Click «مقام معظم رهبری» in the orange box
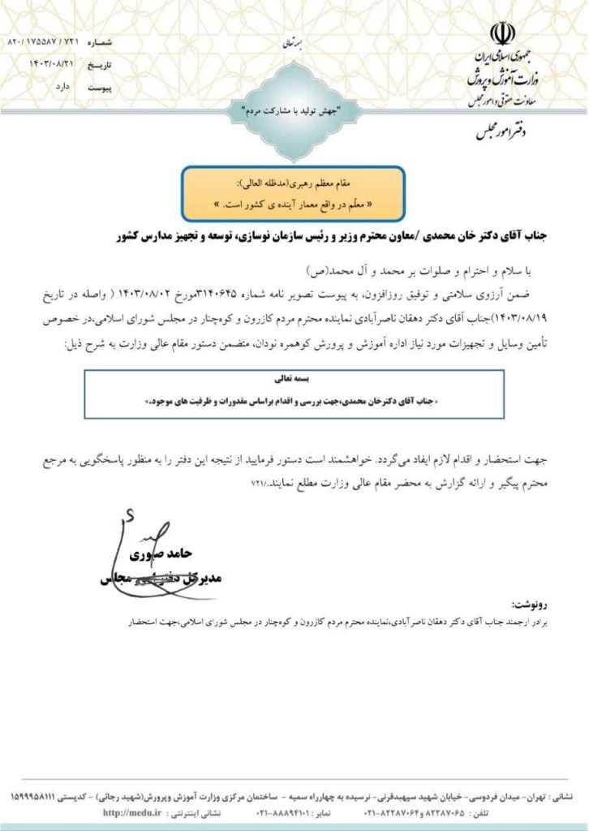(x=325, y=184)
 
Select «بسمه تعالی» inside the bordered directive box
(x=294, y=377)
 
